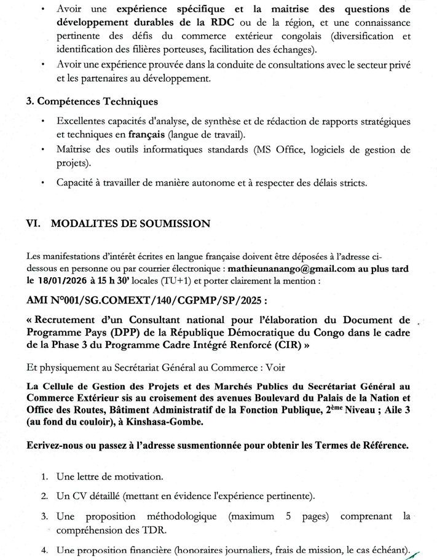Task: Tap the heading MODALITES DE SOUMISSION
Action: tap(131, 224)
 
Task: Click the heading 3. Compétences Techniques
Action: tap(92, 102)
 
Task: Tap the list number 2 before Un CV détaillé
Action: tap(45, 495)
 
